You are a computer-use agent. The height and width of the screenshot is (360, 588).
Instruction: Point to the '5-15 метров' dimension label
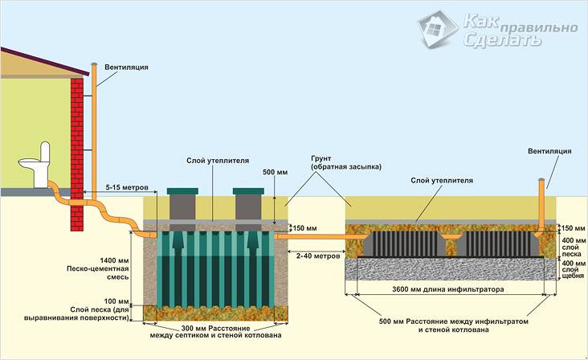(127, 187)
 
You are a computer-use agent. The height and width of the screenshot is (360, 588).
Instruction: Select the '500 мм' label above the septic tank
(275, 173)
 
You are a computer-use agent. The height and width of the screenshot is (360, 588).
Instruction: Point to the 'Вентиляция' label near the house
(126, 68)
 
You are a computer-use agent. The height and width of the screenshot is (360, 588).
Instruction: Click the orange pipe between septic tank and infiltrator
(317, 236)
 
